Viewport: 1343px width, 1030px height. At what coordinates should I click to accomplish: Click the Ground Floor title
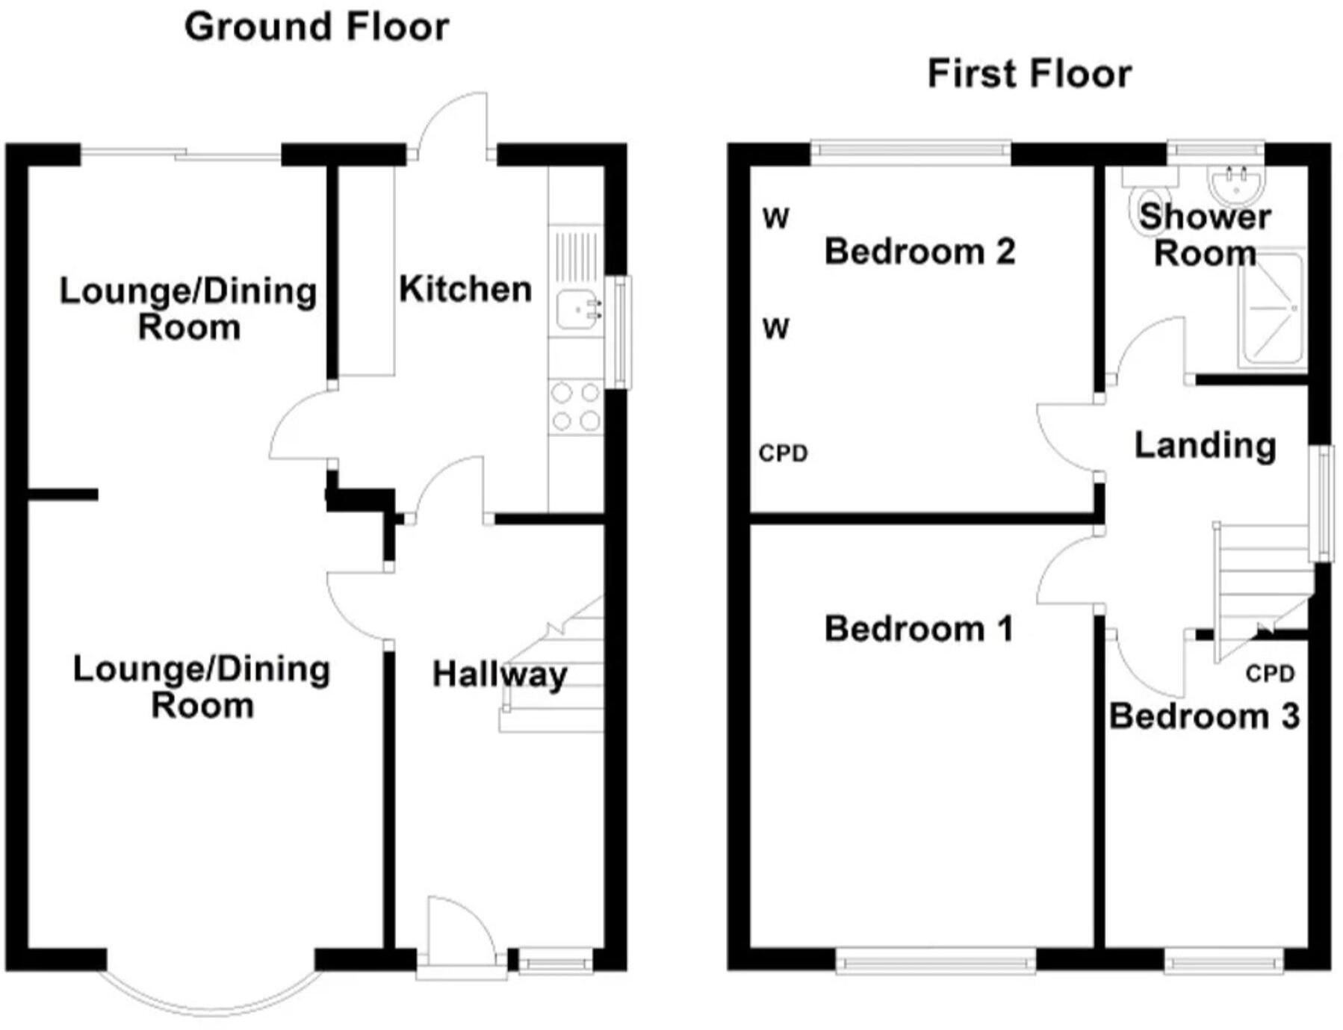[317, 28]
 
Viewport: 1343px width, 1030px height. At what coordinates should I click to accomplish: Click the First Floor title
[1029, 75]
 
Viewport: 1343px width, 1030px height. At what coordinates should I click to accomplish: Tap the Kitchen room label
[465, 290]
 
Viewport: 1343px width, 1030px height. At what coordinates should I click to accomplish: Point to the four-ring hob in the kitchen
[575, 407]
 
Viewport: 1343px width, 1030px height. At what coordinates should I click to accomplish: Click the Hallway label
[500, 675]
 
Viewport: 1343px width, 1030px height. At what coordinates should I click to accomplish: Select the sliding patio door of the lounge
[181, 155]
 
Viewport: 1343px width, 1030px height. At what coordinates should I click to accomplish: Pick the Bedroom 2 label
[919, 252]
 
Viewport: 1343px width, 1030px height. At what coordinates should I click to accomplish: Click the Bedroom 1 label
[919, 630]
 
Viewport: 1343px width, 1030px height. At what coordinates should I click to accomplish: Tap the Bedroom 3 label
[1204, 716]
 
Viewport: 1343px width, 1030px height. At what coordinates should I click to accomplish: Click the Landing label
[1205, 446]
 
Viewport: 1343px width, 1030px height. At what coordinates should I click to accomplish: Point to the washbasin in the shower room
[1236, 184]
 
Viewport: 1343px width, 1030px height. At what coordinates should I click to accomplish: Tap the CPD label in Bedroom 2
[783, 453]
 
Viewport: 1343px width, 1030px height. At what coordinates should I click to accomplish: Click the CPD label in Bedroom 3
[1270, 674]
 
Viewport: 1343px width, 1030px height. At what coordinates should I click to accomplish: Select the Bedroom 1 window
[935, 961]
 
